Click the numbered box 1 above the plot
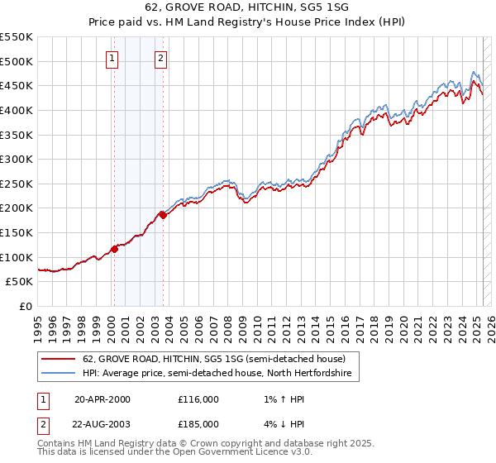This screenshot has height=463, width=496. [x=112, y=58]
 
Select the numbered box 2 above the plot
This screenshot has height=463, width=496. [x=160, y=58]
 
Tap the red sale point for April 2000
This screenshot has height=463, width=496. [x=114, y=250]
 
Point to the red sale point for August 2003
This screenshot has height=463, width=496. [x=163, y=216]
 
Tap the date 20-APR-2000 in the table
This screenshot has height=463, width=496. [x=103, y=399]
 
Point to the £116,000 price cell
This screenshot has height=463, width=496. [x=198, y=399]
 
